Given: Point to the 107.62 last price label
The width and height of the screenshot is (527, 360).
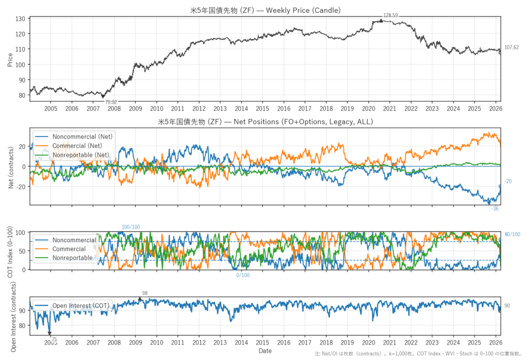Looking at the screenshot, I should tap(511, 47).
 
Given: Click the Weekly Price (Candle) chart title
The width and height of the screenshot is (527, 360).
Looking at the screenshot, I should tap(265, 10).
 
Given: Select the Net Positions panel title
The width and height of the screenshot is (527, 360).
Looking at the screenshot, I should tap(265, 122).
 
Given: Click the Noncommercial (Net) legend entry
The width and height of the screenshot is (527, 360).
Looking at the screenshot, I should tap(82, 136).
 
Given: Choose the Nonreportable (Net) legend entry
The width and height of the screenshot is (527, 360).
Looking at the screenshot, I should tap(82, 155).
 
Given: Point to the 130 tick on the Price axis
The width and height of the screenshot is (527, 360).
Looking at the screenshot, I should tap(21, 19).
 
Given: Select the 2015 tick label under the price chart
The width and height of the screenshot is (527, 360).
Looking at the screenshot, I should tap(262, 109).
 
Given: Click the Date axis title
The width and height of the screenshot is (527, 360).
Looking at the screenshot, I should tap(265, 351).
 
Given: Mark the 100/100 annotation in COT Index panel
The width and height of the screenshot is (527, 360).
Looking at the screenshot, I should tap(131, 227).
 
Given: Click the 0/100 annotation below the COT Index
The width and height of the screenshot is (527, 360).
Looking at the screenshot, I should tap(243, 275).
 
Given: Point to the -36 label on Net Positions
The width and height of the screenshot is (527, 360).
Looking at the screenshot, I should tap(495, 209).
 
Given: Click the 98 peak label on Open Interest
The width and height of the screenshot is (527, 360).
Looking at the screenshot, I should tap(145, 293).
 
